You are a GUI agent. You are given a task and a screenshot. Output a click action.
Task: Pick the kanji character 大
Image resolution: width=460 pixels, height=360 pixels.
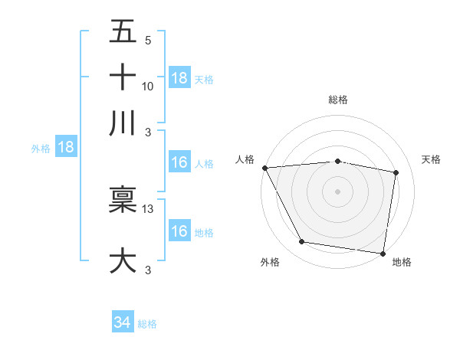(x=123, y=260)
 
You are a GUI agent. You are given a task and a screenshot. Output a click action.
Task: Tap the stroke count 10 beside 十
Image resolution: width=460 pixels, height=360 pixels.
(x=148, y=87)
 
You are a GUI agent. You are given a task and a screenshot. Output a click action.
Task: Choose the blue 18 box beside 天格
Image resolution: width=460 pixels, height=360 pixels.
(x=179, y=78)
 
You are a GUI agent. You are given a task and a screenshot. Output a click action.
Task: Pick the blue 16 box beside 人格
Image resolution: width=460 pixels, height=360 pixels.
(x=179, y=163)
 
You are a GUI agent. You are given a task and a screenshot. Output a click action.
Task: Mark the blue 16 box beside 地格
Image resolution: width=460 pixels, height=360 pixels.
(x=179, y=231)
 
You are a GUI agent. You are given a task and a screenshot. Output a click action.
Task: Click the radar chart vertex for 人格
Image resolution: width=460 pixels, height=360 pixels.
(x=264, y=168)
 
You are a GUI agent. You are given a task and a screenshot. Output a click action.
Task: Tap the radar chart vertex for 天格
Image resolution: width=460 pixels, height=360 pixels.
(x=396, y=173)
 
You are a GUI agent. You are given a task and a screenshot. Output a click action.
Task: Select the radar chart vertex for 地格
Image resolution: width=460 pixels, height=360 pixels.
(x=383, y=253)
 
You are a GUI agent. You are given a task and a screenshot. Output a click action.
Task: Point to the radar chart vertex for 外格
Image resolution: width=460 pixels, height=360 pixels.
(x=302, y=243)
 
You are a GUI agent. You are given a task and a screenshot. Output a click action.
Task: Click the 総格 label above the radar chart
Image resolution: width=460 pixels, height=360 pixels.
(x=338, y=100)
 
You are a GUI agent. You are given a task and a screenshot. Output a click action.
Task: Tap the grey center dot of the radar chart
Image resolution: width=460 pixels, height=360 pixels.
(x=337, y=191)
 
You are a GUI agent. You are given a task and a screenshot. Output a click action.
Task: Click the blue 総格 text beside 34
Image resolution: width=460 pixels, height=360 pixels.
(x=147, y=324)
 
